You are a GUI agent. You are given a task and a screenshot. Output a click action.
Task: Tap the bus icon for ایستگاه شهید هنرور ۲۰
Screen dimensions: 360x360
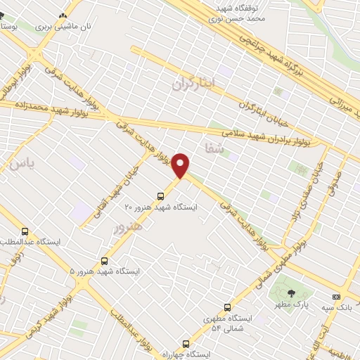tap(163, 196)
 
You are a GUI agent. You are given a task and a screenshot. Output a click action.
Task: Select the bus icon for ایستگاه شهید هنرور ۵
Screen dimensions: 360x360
tap(105, 259)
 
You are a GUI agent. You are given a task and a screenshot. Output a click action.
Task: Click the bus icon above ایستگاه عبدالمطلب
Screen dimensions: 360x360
tap(25, 231)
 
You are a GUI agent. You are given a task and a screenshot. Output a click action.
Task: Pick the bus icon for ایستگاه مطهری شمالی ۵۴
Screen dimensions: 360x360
tap(226, 307)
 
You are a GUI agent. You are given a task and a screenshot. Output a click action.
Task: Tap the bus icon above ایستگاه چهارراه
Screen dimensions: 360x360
tap(186, 344)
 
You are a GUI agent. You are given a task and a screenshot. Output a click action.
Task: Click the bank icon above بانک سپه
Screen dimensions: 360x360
tap(335, 296)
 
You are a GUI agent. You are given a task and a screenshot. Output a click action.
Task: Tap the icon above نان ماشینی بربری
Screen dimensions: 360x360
tap(65, 15)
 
